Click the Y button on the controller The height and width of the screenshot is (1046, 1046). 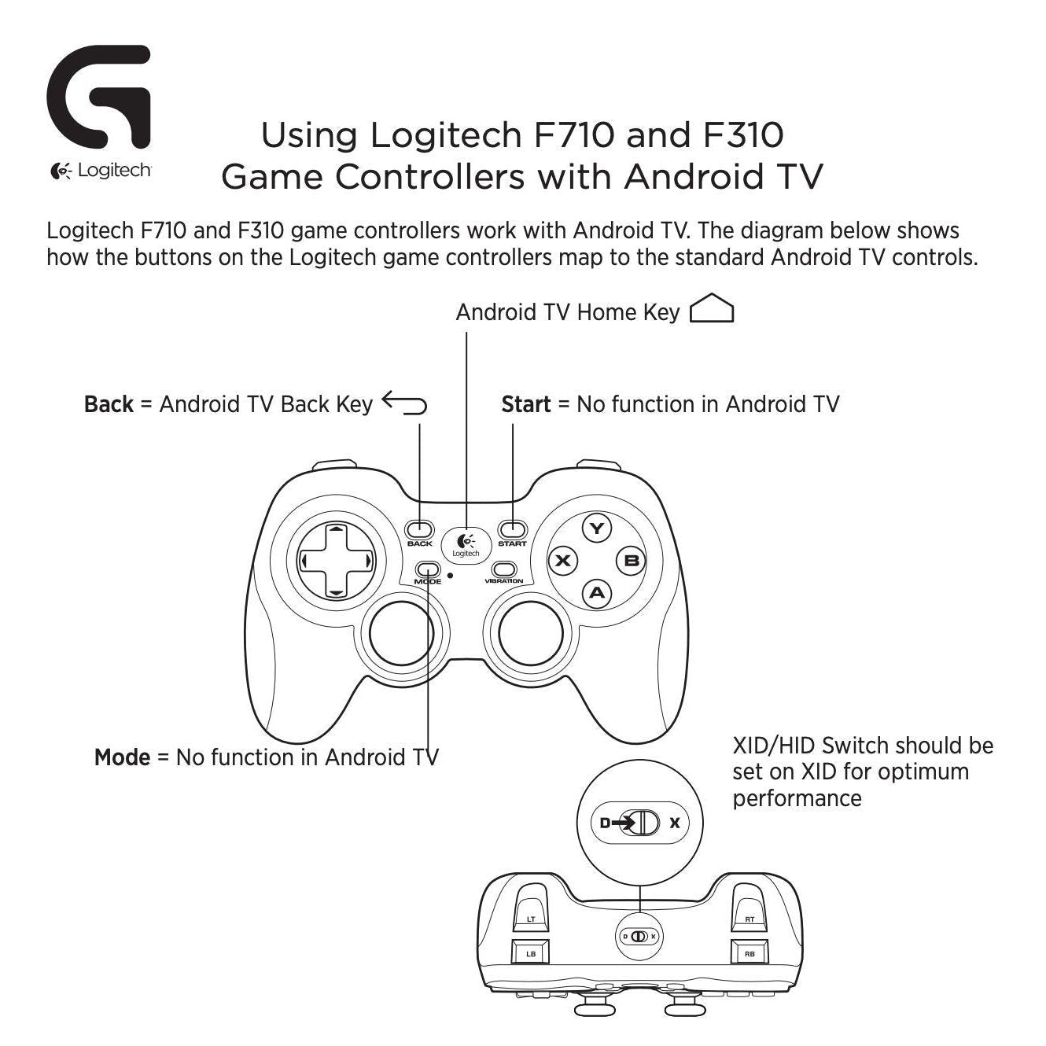point(597,529)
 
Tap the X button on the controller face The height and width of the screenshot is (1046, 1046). point(563,560)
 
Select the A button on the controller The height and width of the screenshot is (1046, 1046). point(597,593)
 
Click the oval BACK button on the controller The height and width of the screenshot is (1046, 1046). point(420,529)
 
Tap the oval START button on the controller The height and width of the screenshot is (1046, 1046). point(513,529)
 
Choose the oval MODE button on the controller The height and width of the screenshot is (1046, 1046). point(428,569)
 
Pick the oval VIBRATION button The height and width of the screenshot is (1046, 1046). point(504,569)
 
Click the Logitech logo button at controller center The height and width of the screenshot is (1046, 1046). point(466,546)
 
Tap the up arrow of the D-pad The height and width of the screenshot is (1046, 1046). point(337,529)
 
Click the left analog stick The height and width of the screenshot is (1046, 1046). point(401,632)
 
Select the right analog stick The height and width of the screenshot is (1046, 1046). point(530,632)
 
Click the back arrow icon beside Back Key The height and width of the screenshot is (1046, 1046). point(404,403)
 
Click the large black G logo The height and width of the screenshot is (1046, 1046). point(99,97)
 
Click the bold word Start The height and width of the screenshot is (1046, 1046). point(525,404)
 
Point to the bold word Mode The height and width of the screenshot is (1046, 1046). point(122,757)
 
